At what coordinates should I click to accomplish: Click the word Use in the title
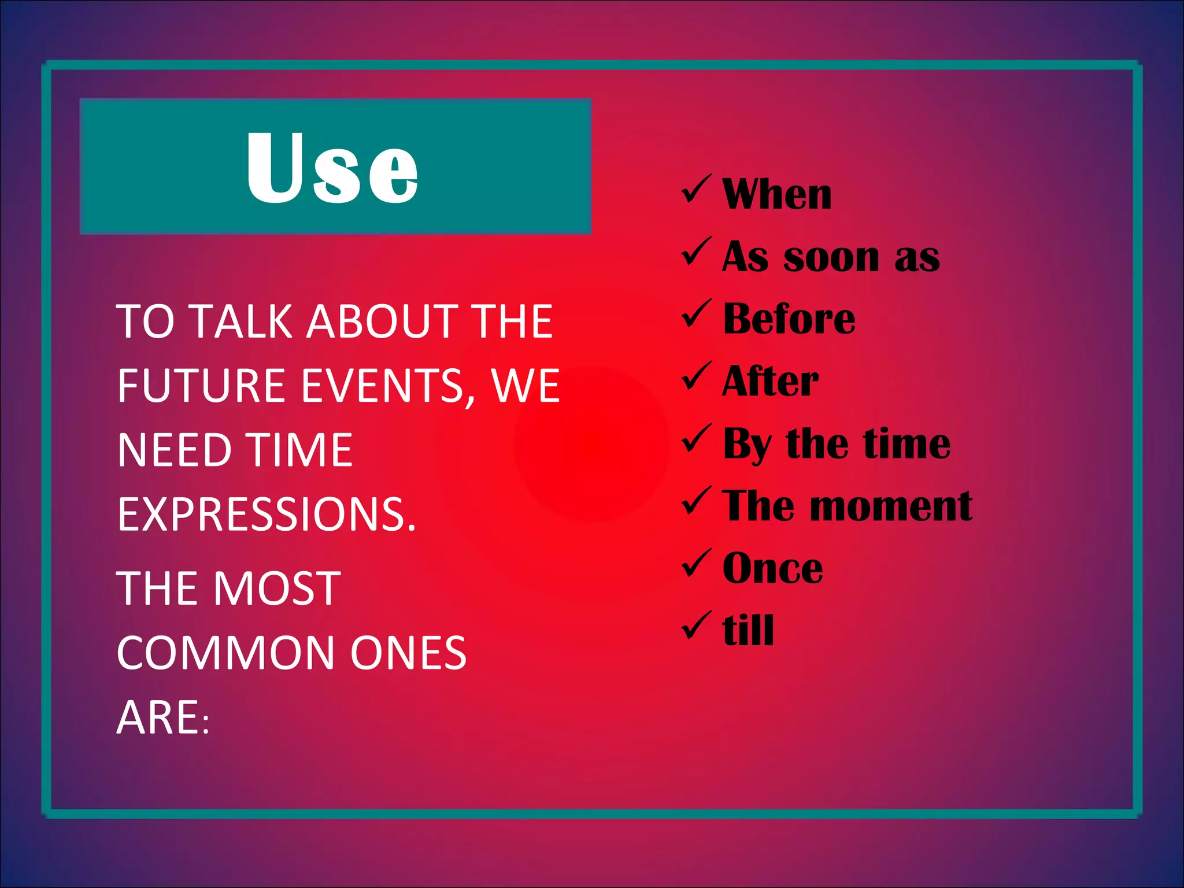click(332, 168)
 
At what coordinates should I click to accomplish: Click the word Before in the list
click(789, 319)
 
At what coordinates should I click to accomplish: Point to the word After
click(770, 382)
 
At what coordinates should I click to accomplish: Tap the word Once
click(772, 569)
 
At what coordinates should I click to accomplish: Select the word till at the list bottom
click(748, 630)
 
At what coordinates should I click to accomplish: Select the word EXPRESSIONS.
click(266, 515)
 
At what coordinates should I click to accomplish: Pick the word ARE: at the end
click(162, 718)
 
